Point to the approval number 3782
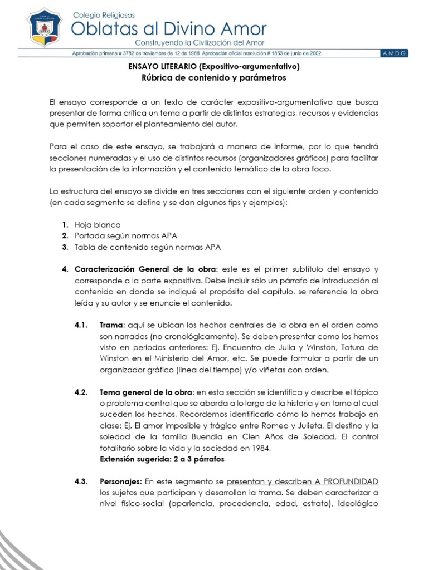131,54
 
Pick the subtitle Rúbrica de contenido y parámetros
214,78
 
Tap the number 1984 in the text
260,448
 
